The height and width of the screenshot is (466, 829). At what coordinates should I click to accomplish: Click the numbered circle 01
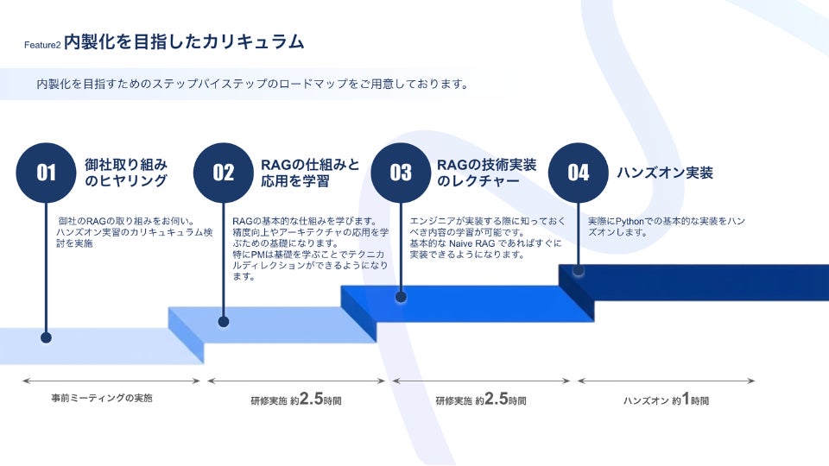click(46, 173)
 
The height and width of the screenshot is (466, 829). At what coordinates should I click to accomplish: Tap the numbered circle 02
click(224, 173)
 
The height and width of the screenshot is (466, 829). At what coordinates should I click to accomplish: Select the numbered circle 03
click(401, 173)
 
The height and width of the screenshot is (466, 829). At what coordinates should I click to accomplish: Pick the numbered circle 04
click(578, 173)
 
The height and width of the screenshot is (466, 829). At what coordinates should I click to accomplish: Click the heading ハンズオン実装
click(664, 173)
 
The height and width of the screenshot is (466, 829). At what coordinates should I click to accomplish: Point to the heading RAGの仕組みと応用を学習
click(309, 173)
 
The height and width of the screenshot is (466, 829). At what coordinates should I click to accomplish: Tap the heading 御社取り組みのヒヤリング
click(126, 173)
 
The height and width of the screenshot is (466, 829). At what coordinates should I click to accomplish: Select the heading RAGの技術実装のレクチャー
click(486, 173)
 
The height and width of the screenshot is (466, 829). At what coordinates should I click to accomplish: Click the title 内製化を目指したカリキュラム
click(184, 41)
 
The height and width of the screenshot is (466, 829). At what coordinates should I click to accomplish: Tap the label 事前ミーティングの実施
click(102, 399)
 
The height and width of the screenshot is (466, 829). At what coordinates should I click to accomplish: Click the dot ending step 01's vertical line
click(46, 337)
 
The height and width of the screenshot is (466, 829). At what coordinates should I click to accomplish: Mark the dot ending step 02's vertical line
click(224, 322)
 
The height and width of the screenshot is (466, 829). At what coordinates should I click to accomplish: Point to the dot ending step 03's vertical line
click(401, 297)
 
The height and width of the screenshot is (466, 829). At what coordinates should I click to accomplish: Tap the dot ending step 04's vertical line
click(578, 271)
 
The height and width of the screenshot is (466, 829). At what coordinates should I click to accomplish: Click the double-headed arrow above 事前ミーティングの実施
click(112, 381)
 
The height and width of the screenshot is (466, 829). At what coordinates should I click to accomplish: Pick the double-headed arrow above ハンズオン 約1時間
click(666, 381)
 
